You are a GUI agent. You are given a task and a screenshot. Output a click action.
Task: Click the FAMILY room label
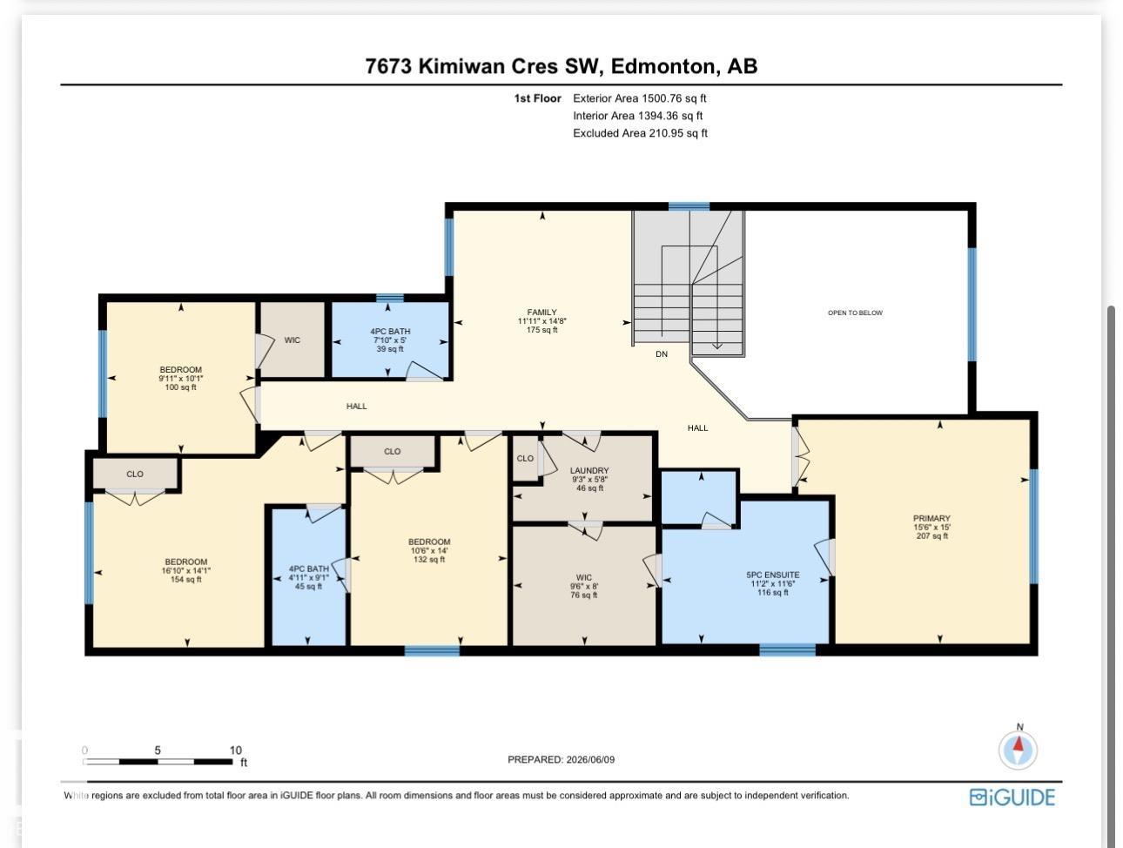pos(541,312)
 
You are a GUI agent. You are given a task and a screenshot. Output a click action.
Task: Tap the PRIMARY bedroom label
pos(931,518)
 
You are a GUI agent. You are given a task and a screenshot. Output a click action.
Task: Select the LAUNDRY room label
pos(589,470)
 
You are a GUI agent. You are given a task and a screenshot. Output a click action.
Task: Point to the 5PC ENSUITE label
pos(772,575)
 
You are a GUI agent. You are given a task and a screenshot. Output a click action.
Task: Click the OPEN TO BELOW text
pos(855,313)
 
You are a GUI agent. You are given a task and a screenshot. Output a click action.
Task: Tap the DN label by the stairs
pos(662,354)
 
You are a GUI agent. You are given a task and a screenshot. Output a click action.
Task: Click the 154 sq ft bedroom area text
pos(185,580)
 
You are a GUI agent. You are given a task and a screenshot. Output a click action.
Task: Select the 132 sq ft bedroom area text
pos(429,560)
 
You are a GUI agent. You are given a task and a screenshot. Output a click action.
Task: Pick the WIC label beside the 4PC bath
pos(293,340)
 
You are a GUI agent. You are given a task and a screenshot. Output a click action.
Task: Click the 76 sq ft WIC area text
pos(584,595)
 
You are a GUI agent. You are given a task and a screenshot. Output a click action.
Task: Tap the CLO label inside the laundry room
pos(525,458)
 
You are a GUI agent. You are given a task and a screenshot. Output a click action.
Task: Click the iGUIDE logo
pos(1012,798)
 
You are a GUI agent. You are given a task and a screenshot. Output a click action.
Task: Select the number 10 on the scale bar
pos(235,750)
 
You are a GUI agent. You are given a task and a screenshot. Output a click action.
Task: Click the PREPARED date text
pos(561,759)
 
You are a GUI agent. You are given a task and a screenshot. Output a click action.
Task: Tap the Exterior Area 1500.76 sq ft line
pos(640,98)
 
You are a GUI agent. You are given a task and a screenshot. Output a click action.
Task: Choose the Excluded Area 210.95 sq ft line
pos(640,133)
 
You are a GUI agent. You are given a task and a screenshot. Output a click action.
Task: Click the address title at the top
pos(561,66)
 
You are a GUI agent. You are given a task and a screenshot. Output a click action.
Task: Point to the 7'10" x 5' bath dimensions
pos(390,340)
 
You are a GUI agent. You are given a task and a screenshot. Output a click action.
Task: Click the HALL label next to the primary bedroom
pos(698,428)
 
